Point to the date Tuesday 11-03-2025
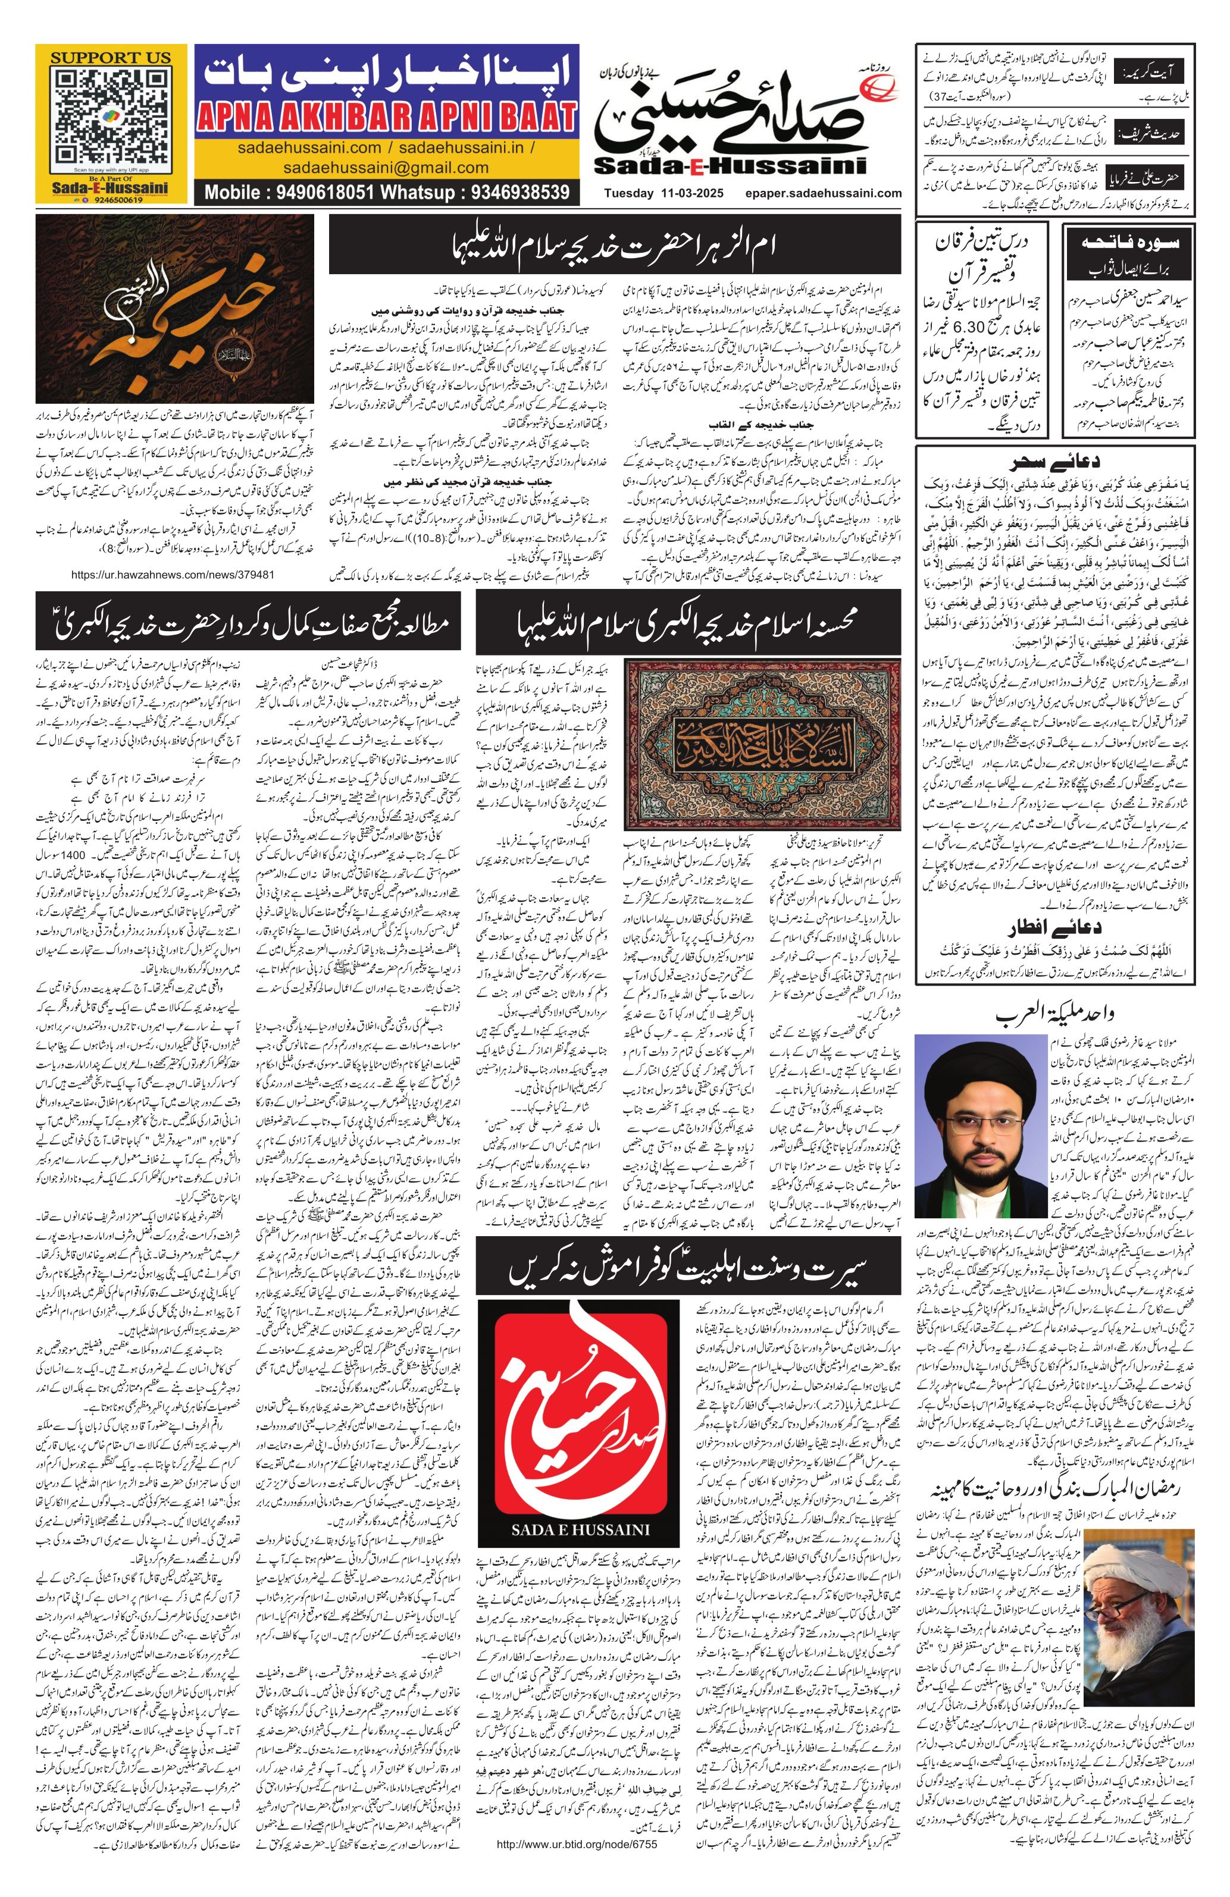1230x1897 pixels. (661, 193)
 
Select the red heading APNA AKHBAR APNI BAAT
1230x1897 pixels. (387, 117)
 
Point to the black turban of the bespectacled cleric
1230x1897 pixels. (977, 1062)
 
